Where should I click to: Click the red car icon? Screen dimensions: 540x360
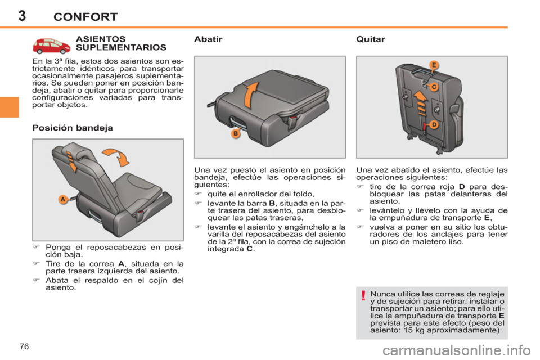(51, 46)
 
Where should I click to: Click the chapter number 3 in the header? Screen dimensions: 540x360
(22, 16)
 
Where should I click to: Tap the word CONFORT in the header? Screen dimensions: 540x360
(85, 17)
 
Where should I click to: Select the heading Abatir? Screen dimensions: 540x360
(208, 39)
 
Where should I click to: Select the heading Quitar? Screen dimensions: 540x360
(371, 39)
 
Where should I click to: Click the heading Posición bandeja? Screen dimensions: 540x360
(73, 128)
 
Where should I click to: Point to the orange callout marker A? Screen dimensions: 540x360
(62, 199)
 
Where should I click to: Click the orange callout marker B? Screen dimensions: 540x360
(236, 134)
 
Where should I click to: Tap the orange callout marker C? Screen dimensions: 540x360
(434, 87)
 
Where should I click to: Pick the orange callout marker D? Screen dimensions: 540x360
(434, 124)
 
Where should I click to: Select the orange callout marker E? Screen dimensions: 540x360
(434, 65)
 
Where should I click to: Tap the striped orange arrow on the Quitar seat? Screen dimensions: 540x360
(421, 103)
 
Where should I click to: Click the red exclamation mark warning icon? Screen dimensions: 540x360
(363, 295)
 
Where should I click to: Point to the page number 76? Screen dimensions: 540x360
(24, 346)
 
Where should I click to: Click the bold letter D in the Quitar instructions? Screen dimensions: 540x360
(462, 187)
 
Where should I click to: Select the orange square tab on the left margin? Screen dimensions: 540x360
(10, 107)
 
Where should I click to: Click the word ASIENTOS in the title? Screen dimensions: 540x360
(101, 39)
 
